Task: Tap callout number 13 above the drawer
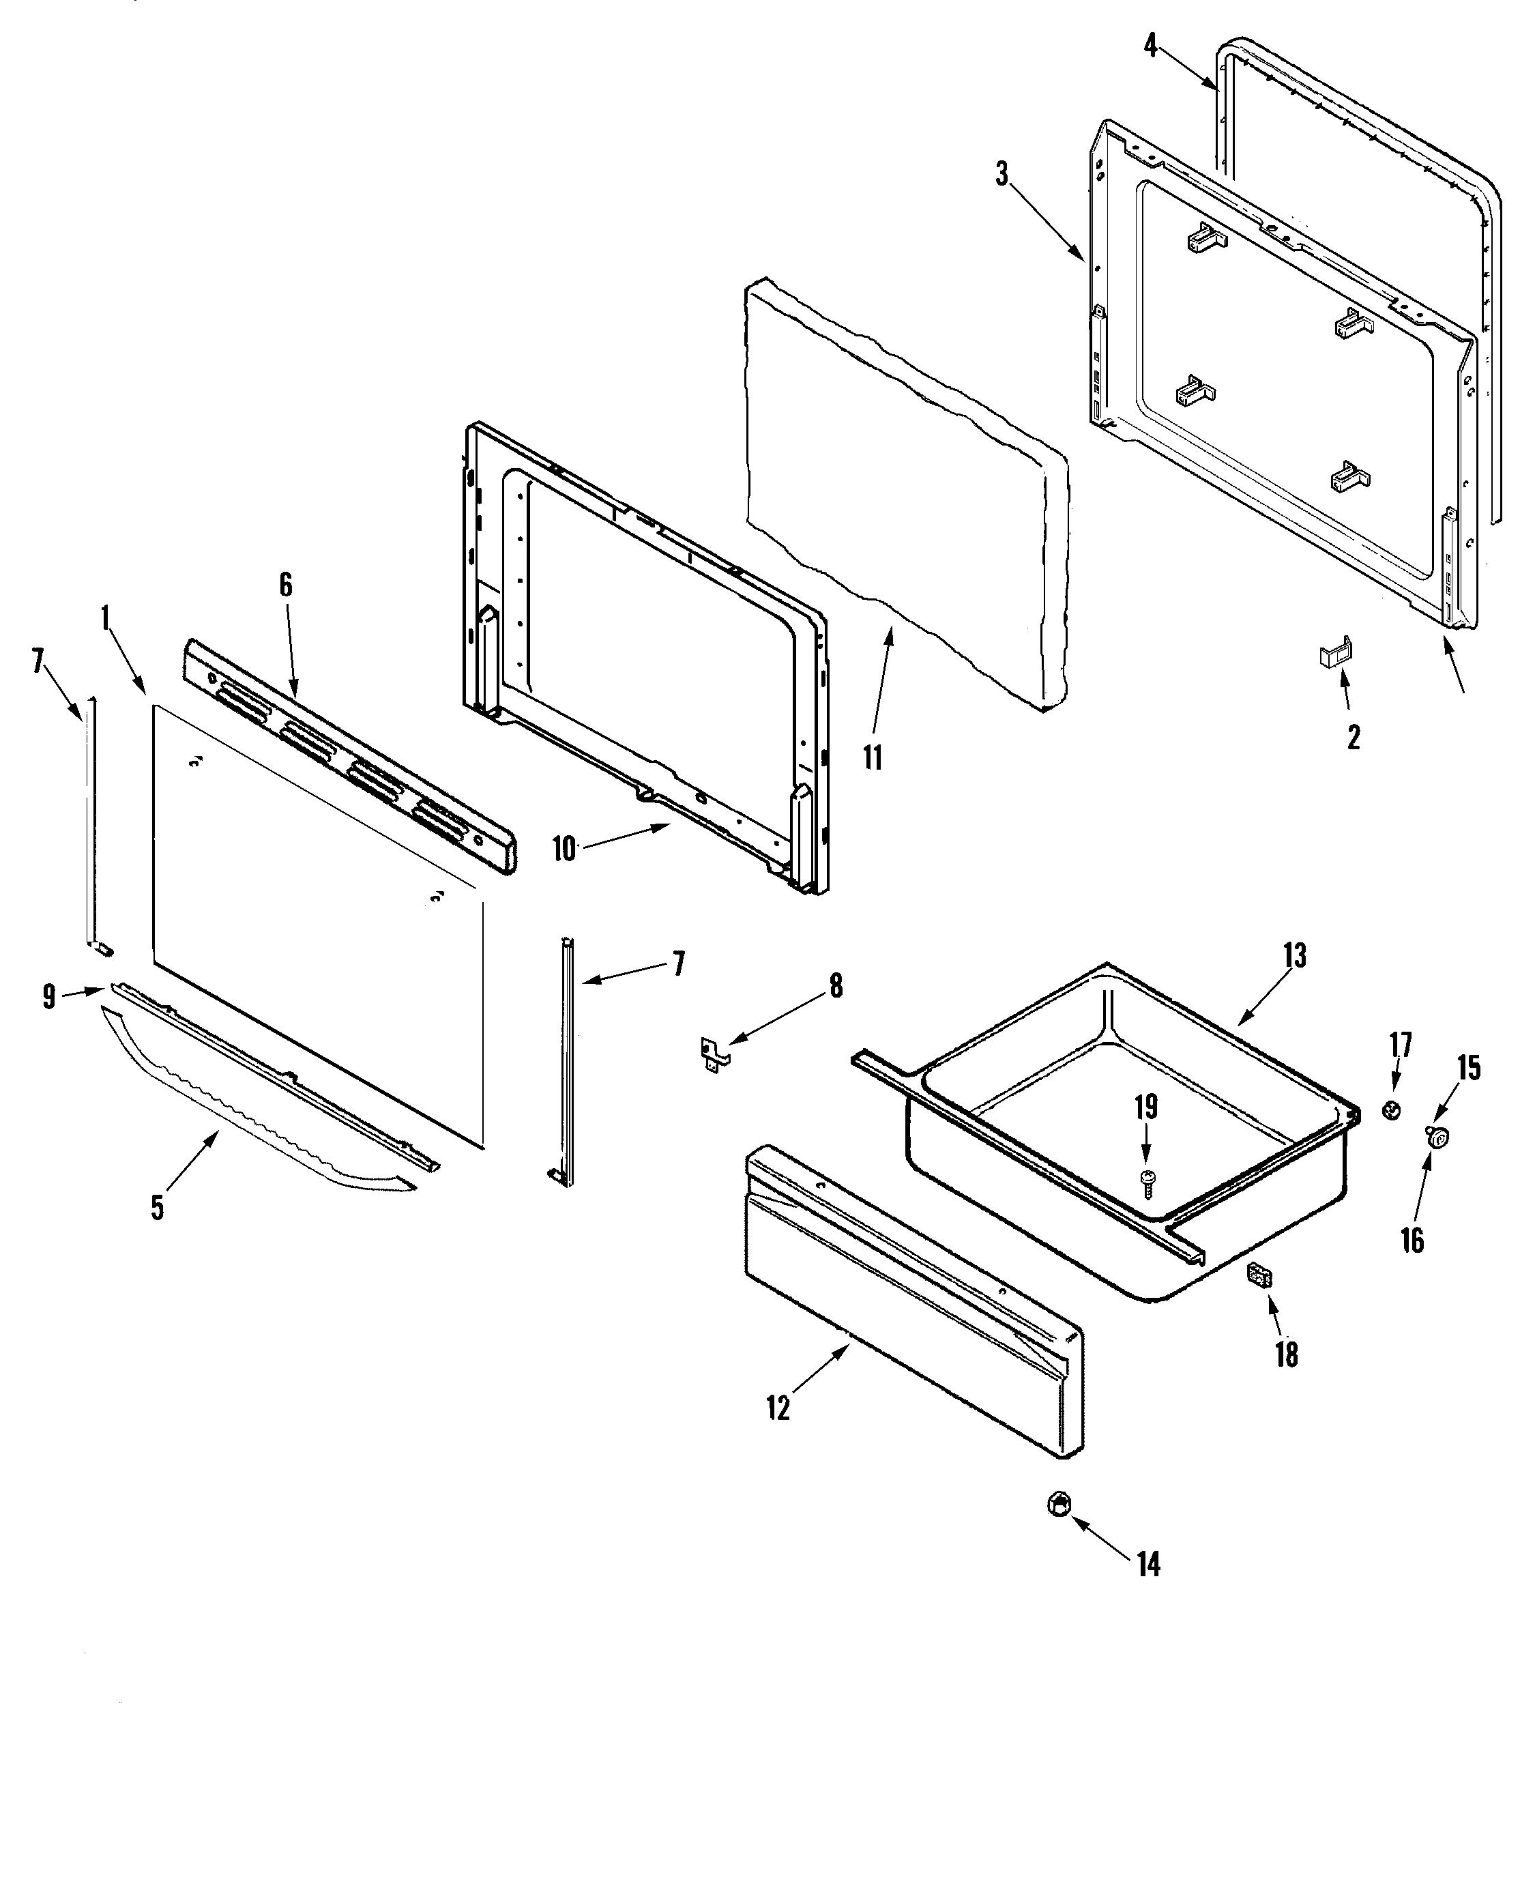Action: pyautogui.click(x=1294, y=956)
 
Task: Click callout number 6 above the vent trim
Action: pyautogui.click(x=286, y=585)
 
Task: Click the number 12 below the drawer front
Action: pyautogui.click(x=777, y=1408)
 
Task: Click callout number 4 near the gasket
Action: pyautogui.click(x=1150, y=46)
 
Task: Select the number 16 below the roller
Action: pyautogui.click(x=1412, y=1241)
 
